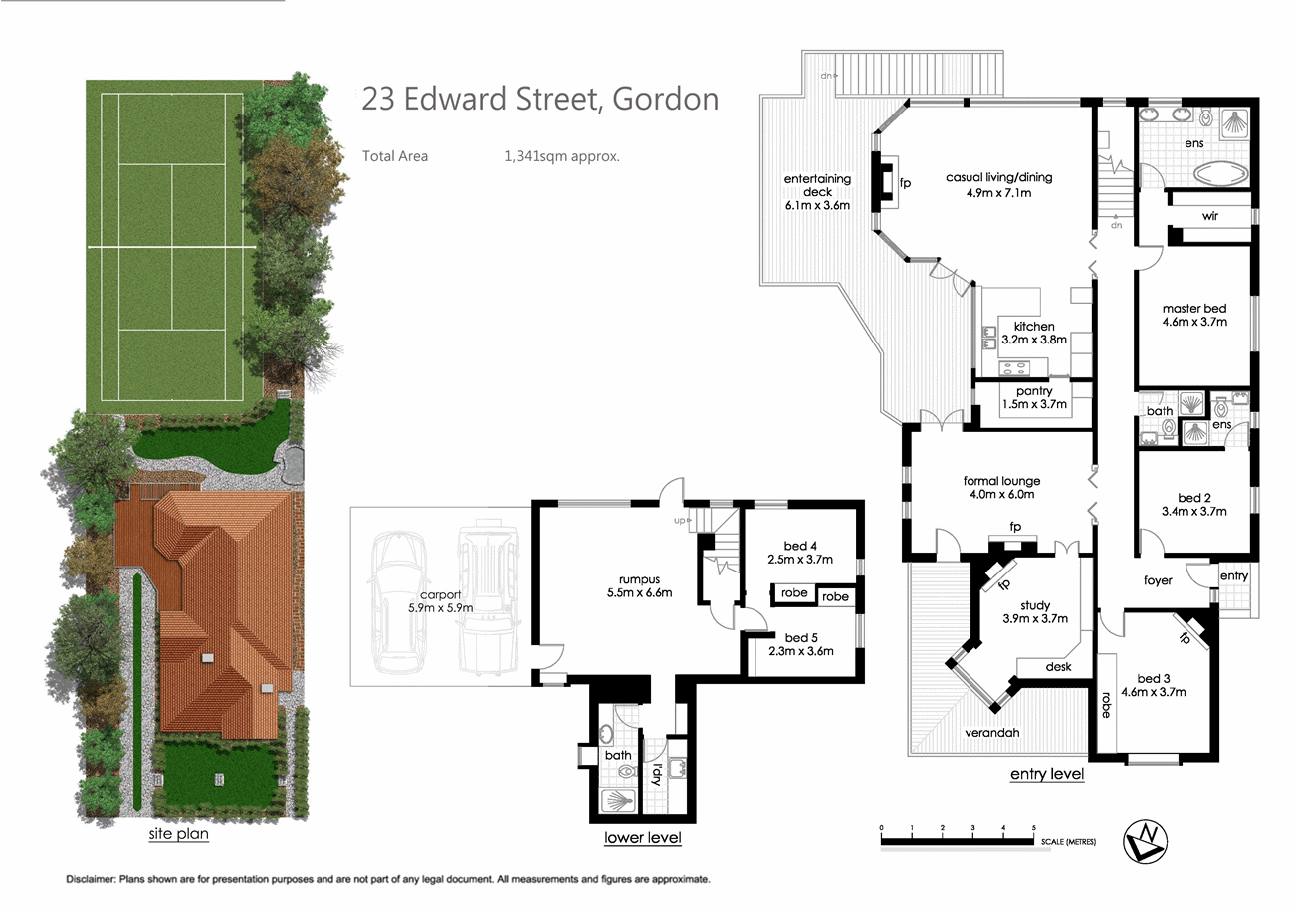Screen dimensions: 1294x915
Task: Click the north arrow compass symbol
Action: pos(1145,841)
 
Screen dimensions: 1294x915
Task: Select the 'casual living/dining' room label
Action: pos(998,178)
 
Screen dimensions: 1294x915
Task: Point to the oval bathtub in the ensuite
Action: pos(1220,173)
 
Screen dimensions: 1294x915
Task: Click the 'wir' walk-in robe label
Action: pos(1210,216)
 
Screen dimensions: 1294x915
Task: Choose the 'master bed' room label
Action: pos(1194,309)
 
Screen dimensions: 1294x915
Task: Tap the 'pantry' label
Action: pos(1034,391)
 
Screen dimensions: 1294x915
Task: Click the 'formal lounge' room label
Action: pos(1001,481)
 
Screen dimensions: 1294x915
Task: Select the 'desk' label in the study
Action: pos(1058,667)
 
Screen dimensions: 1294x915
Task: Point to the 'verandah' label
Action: pos(991,733)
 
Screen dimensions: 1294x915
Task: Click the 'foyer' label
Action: pos(1158,580)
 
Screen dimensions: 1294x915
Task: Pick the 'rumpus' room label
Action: pos(639,579)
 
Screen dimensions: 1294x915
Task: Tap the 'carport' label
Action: pos(440,595)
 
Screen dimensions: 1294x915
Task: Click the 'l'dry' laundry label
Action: pos(656,774)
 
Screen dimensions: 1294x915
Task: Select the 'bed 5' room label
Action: pos(801,638)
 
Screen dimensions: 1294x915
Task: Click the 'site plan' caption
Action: pos(178,834)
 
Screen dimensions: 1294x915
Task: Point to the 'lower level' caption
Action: pos(642,837)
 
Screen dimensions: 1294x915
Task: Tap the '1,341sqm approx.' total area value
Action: pos(561,156)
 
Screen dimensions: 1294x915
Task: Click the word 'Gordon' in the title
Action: pos(666,99)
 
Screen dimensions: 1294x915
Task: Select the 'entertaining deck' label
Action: pos(817,185)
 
